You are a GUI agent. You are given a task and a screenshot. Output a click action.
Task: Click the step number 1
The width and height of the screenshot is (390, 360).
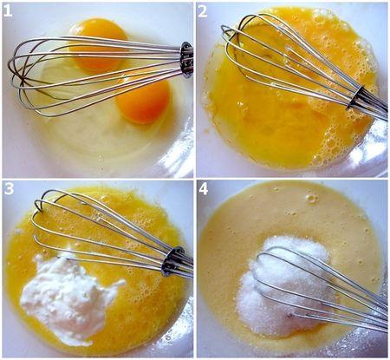pos(8,10)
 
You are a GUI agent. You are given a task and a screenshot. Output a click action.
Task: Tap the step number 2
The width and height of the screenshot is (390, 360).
pos(203,11)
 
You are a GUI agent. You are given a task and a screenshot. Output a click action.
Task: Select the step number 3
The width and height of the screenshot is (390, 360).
pos(9,188)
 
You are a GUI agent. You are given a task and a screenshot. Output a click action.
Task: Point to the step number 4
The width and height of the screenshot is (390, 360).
pos(204,189)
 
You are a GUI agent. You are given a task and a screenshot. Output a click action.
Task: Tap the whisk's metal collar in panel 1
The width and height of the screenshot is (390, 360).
pos(187,60)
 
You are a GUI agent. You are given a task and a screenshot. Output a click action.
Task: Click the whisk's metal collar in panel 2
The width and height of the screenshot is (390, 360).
pos(356,99)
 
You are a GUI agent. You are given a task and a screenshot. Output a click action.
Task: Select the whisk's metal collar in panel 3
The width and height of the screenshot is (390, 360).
pos(172,261)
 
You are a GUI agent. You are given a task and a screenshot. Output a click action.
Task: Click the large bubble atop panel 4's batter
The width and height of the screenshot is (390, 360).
pos(311,199)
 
